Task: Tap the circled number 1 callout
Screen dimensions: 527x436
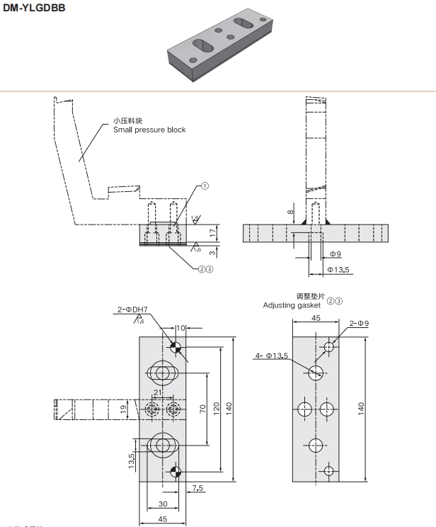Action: (205, 186)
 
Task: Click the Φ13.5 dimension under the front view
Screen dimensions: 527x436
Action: (339, 270)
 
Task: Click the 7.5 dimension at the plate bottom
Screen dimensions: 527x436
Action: (197, 488)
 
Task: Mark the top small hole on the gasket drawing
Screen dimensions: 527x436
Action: (328, 346)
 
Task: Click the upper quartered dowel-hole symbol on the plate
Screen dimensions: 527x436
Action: (176, 347)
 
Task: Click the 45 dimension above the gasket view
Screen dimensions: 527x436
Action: (316, 319)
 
